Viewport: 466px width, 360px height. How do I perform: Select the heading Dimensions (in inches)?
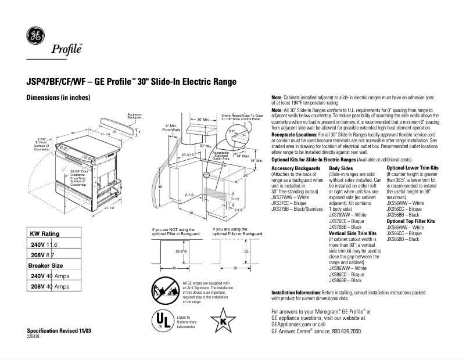pyautogui.click(x=59, y=98)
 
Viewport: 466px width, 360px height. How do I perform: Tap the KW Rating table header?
pyautogui.click(x=45, y=233)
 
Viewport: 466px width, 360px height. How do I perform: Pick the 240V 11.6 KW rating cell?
pyautogui.click(x=44, y=246)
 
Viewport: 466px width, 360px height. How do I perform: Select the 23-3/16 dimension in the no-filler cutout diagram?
pyautogui.click(x=180, y=251)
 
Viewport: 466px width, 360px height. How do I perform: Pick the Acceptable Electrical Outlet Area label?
pyautogui.click(x=221, y=154)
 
